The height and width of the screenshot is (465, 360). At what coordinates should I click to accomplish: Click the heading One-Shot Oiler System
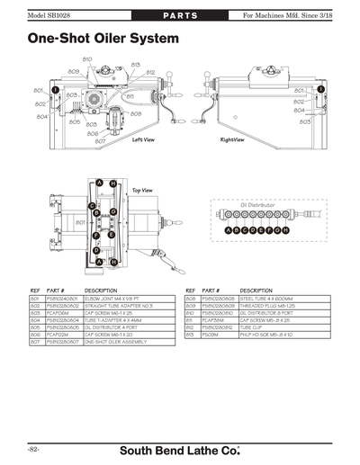click(97, 40)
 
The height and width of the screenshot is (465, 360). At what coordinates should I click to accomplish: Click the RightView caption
click(235, 140)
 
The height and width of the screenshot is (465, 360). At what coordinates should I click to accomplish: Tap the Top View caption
click(142, 191)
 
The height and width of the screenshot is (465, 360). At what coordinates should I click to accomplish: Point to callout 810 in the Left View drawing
click(87, 59)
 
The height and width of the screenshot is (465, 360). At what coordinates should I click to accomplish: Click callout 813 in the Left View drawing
click(135, 65)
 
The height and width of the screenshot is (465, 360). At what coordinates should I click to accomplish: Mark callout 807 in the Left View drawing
click(100, 141)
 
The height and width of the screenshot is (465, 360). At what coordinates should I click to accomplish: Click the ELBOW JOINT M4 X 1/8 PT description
click(120, 298)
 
